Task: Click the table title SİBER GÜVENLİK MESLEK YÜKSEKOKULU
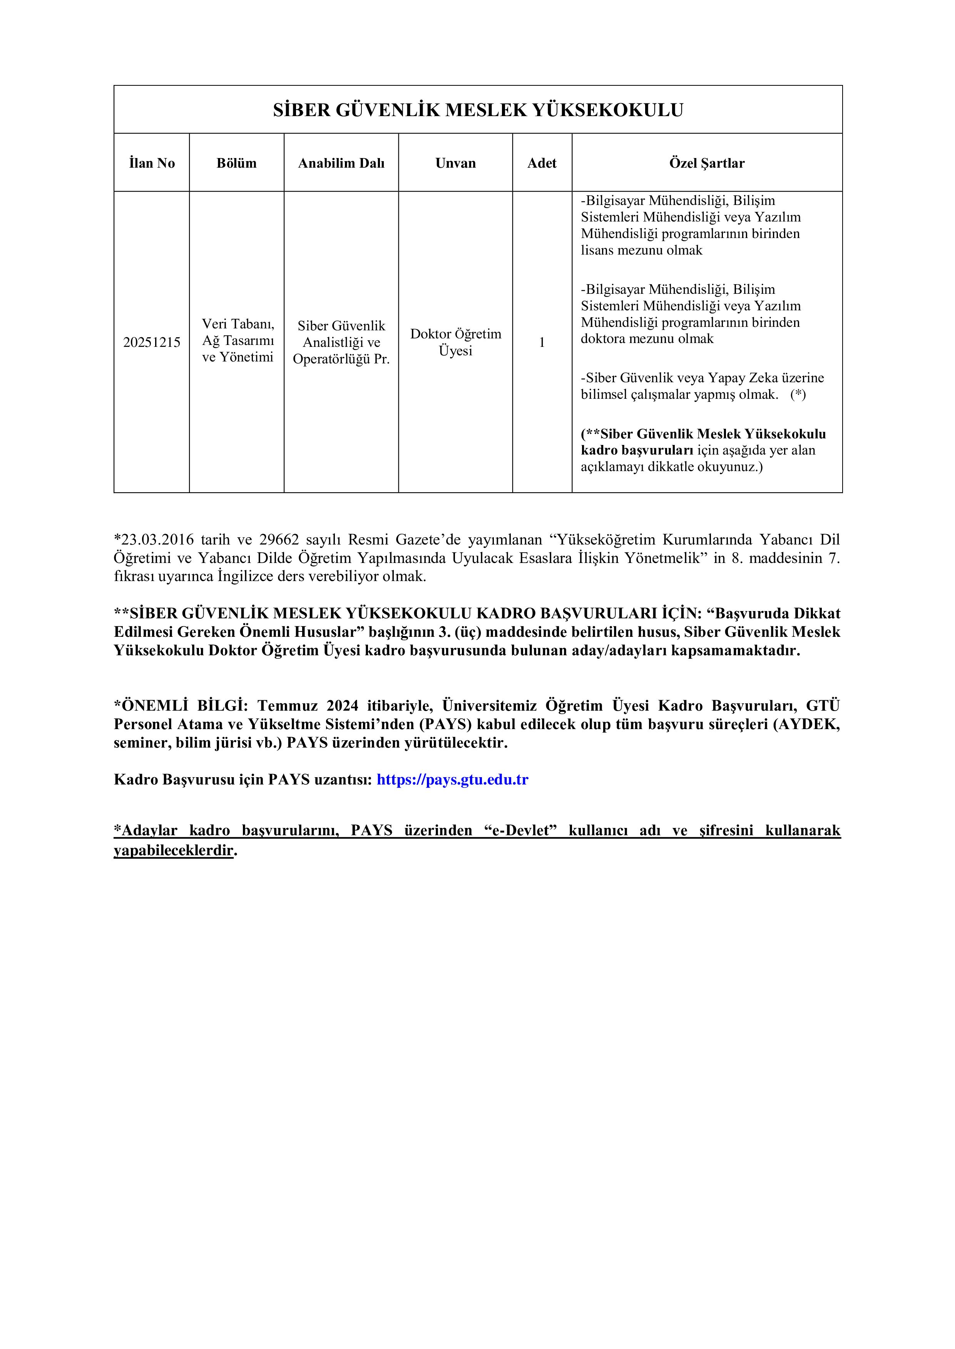(x=477, y=110)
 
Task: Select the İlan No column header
(x=152, y=163)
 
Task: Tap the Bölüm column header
(x=236, y=163)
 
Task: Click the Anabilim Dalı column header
(x=341, y=163)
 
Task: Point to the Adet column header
(x=542, y=163)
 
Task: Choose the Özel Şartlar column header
(x=707, y=163)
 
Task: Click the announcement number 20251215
(x=152, y=343)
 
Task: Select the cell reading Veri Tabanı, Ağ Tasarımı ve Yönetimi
(x=237, y=341)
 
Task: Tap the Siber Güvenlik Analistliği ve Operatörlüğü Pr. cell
(x=341, y=343)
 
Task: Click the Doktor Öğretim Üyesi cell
(x=456, y=343)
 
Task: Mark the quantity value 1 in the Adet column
(x=542, y=343)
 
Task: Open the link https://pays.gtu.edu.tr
(x=452, y=779)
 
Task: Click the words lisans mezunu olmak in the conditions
(x=642, y=250)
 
